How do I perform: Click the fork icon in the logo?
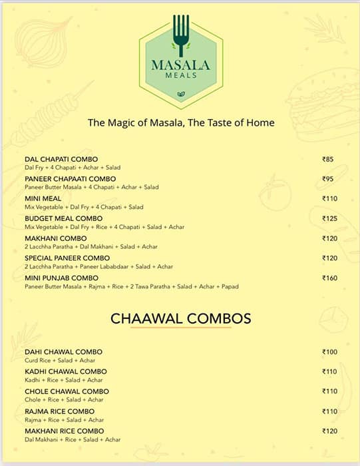pyautogui.click(x=180, y=33)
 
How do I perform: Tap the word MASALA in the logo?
pyautogui.click(x=180, y=65)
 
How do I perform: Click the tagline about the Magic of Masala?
pyautogui.click(x=181, y=123)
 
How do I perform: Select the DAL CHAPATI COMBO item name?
pyautogui.click(x=61, y=159)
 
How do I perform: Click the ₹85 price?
pyautogui.click(x=328, y=159)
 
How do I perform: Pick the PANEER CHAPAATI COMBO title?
pyautogui.click(x=70, y=179)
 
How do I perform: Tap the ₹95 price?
pyautogui.click(x=328, y=179)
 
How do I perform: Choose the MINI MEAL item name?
pyautogui.click(x=43, y=198)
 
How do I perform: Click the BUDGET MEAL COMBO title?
pyautogui.click(x=63, y=218)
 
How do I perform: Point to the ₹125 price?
pyautogui.click(x=330, y=218)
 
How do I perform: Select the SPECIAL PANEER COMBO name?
pyautogui.click(x=67, y=258)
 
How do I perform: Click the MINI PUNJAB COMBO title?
pyautogui.click(x=61, y=278)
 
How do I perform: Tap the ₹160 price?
pyautogui.click(x=330, y=278)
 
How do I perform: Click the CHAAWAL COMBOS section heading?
pyautogui.click(x=180, y=319)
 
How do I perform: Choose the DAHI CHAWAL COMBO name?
pyautogui.click(x=63, y=351)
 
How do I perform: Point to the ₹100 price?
pyautogui.click(x=330, y=351)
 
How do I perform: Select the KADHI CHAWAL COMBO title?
pyautogui.click(x=65, y=371)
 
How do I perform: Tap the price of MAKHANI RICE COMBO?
pyautogui.click(x=330, y=431)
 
